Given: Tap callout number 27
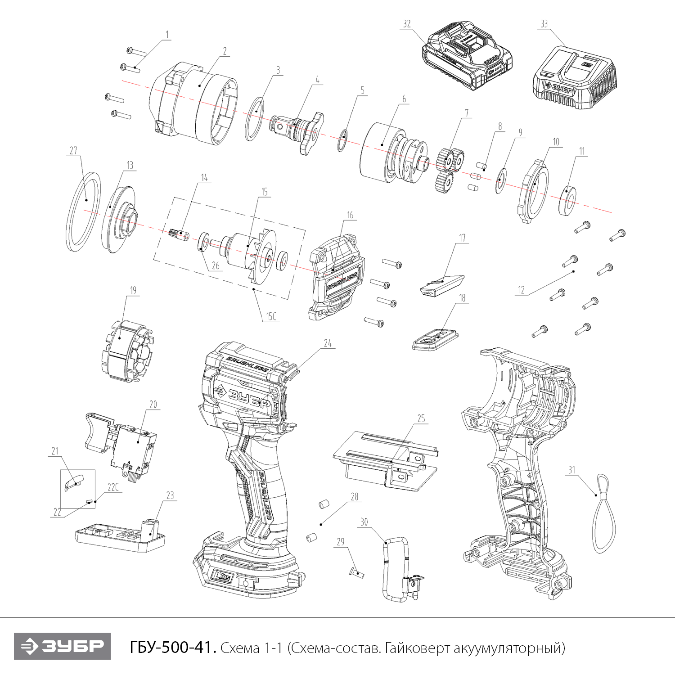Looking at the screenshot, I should point(73,151).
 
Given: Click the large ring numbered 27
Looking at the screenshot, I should point(84,211).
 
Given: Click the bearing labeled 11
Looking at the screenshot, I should point(568,198).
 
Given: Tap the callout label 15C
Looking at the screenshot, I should point(270,316).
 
